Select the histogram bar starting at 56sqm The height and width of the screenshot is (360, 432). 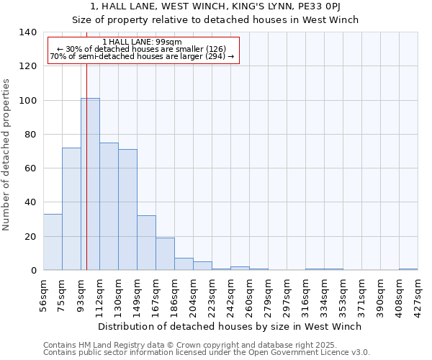pos(53,242)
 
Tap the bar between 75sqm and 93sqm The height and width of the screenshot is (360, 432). pos(71,209)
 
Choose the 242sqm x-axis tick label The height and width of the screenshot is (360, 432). pos(231,294)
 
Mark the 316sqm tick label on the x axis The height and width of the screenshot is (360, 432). pos(306,294)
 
